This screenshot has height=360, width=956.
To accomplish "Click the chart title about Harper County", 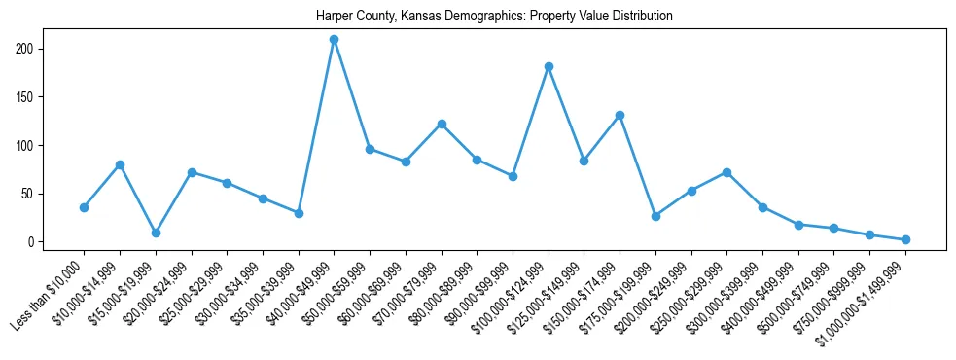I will click(494, 17).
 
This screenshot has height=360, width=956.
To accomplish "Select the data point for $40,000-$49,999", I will click(335, 40).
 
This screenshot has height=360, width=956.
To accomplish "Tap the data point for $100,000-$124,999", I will click(549, 67).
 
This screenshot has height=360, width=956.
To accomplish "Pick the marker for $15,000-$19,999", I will click(156, 233).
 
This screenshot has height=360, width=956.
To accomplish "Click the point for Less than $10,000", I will click(84, 207).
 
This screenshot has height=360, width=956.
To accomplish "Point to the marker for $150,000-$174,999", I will click(620, 115).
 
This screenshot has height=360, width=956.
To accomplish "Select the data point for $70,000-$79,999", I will click(442, 124).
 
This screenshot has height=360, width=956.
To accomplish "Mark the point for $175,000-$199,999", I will click(656, 216).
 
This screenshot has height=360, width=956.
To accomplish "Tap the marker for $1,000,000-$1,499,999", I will click(906, 239).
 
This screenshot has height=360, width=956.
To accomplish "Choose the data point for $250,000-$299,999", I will click(727, 172).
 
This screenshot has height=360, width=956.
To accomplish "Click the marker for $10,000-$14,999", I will click(120, 164).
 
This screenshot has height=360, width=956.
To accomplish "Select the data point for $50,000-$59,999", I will click(371, 149).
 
